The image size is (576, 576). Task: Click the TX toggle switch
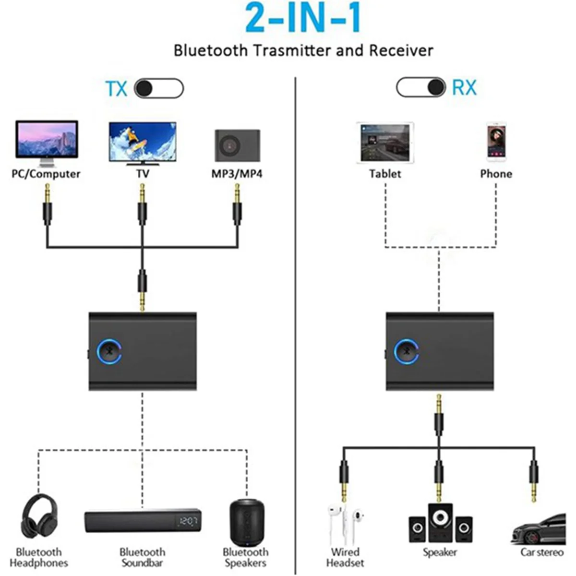159,89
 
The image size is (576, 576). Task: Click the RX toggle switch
421,87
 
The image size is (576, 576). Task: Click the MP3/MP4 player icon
237,145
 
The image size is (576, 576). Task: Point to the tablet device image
385,143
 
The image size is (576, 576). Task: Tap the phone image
496,142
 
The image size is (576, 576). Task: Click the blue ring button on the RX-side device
406,351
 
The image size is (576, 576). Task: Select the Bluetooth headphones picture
39,517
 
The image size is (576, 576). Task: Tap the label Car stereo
542,552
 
